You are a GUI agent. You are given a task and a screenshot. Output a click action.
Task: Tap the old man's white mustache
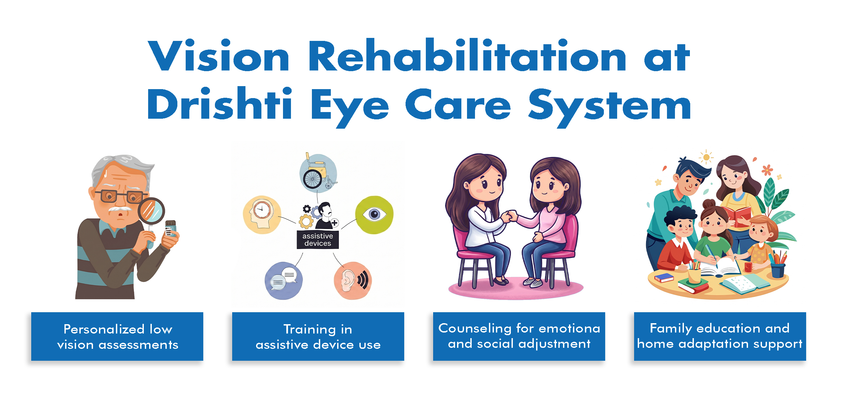pos(120,209)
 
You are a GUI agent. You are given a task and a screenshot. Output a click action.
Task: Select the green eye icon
pos(374,214)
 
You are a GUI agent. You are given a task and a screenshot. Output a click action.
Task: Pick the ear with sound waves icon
pos(353,280)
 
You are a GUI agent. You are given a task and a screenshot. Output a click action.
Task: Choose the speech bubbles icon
pos(284,280)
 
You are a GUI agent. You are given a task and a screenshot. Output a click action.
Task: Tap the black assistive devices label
pos(318,240)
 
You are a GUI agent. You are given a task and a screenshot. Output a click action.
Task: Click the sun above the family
pos(706,157)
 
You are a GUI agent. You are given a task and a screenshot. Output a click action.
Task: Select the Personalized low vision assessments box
pos(117,336)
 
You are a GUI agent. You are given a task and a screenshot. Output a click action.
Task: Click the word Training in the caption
pos(310,330)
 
